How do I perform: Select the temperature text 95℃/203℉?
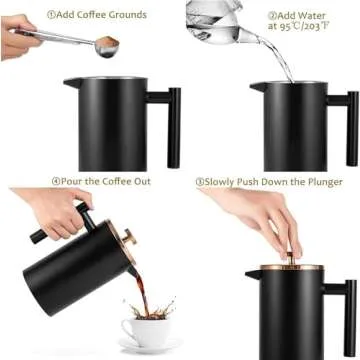300,29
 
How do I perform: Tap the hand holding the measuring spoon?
20,38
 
